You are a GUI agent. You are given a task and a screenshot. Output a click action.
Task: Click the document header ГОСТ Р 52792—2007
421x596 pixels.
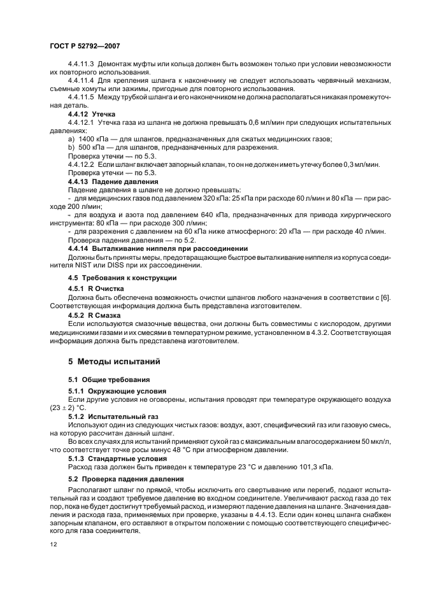85,47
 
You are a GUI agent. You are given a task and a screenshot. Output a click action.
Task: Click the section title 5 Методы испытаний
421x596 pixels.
114,362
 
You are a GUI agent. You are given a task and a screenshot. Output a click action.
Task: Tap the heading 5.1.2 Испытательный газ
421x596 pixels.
111,416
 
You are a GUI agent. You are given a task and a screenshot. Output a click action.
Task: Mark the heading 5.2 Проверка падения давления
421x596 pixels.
125,478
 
